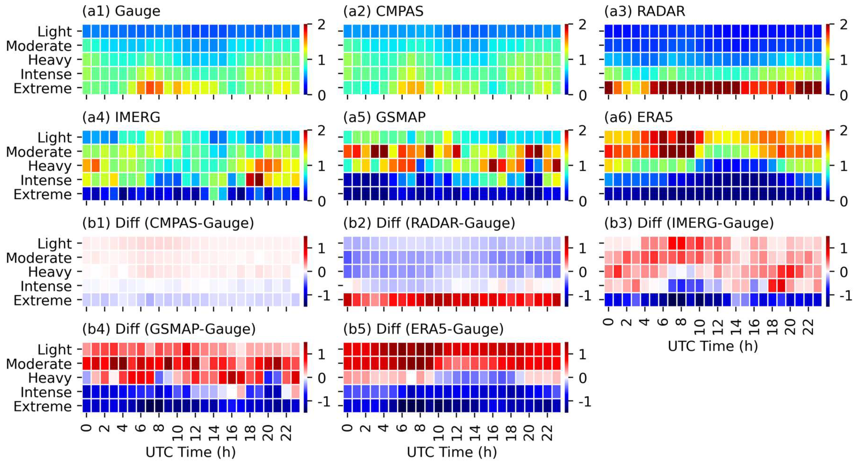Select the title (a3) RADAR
coord(644,11)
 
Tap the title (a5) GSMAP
coord(384,117)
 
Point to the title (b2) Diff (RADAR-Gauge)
coord(429,223)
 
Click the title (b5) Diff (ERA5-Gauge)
coord(423,329)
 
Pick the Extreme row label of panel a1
coord(43,89)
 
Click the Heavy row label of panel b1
coord(50,272)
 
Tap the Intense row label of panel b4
coord(46,392)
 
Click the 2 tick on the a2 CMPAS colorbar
coord(583,25)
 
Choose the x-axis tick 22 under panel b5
coord(547,431)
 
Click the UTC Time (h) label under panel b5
coord(452,452)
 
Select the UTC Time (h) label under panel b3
coord(712,346)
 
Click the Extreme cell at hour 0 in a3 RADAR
coord(609,88)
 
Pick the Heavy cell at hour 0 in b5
coord(348,377)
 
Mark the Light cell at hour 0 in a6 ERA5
coord(609,137)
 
